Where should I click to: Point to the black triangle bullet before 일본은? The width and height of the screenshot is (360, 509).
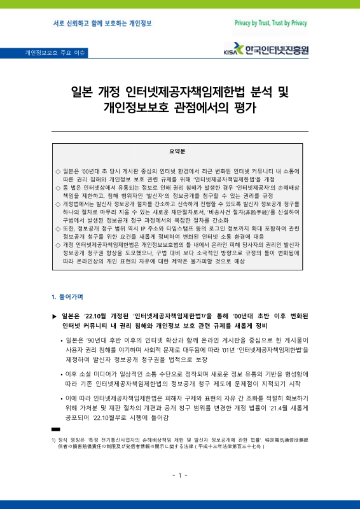pos(54,316)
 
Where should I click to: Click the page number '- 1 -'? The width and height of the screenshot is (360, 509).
pos(179,475)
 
